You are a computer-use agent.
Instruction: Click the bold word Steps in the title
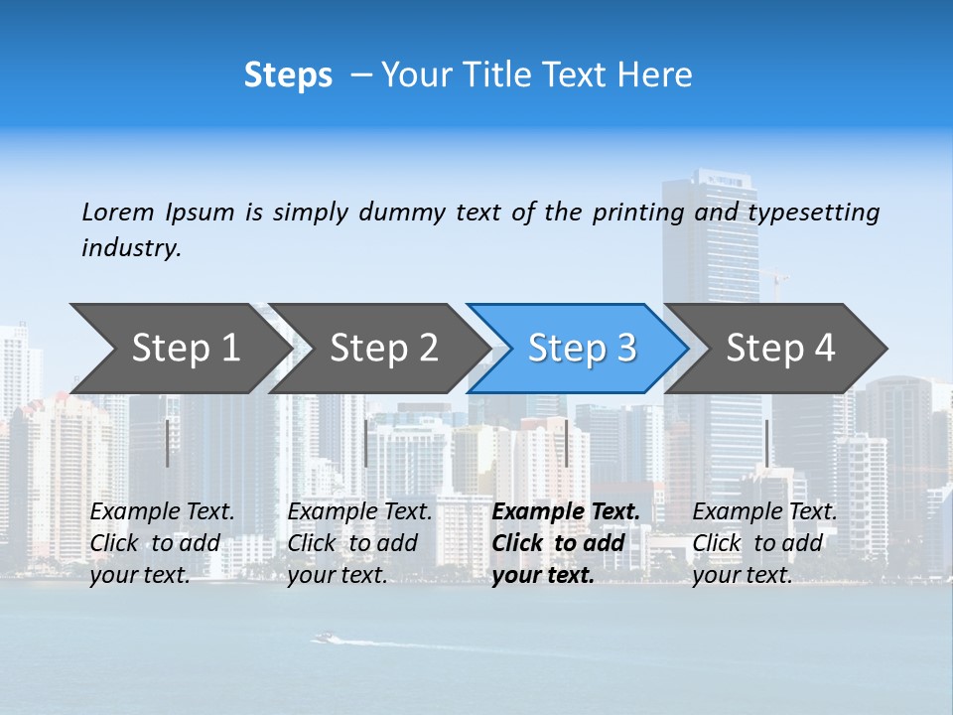click(x=288, y=75)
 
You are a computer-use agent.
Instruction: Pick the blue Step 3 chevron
click(x=582, y=349)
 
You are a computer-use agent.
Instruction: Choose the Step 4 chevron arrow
click(x=780, y=349)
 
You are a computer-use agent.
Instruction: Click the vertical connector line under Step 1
click(x=168, y=443)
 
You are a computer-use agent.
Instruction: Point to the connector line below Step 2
click(x=366, y=443)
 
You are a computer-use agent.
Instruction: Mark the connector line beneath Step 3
click(x=566, y=443)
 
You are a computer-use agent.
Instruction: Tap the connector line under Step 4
click(x=766, y=443)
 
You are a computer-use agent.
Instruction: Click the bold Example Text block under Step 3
click(x=565, y=543)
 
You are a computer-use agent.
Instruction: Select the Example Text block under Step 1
click(x=162, y=543)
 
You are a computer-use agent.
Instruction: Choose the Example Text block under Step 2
click(x=359, y=543)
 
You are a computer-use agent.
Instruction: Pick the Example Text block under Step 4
click(x=764, y=543)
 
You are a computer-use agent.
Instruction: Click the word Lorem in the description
click(x=118, y=213)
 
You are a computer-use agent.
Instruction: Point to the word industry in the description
click(x=131, y=247)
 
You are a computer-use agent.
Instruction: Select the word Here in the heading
click(x=654, y=75)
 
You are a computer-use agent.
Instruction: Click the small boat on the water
click(x=323, y=638)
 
